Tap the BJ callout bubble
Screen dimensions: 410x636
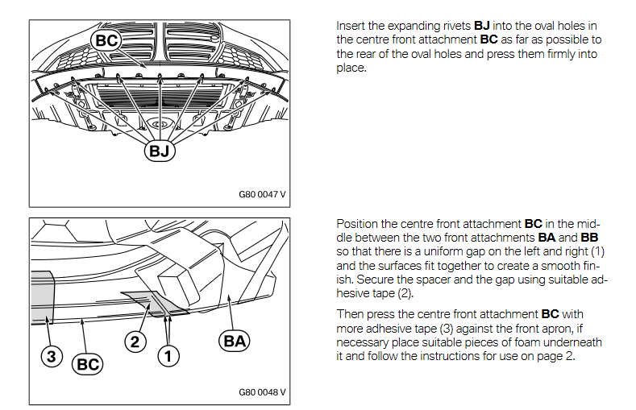pyautogui.click(x=159, y=150)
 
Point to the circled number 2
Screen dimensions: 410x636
pyautogui.click(x=135, y=342)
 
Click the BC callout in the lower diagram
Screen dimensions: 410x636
pyautogui.click(x=88, y=365)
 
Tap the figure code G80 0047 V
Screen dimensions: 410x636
pyautogui.click(x=262, y=194)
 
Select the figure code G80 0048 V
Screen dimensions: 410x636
pyautogui.click(x=262, y=392)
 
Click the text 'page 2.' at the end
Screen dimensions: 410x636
pyautogui.click(x=556, y=357)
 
